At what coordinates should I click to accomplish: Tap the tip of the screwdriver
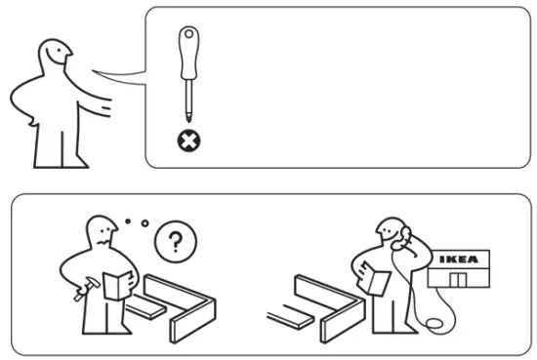pos(186,122)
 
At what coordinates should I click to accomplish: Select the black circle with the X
pos(186,142)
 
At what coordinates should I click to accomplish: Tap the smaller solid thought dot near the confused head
pos(127,222)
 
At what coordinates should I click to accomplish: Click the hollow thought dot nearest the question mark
pos(145,223)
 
